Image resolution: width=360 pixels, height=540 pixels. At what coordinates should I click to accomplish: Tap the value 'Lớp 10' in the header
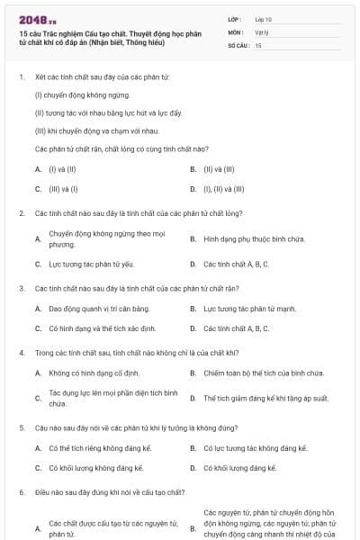[263, 18]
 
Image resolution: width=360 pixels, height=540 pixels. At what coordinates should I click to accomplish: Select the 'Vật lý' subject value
[261, 31]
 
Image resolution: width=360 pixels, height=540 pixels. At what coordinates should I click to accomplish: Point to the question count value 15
[258, 44]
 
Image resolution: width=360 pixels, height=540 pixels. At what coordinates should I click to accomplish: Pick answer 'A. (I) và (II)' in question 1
[57, 168]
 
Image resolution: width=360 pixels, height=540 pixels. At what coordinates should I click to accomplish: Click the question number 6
[22, 492]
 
